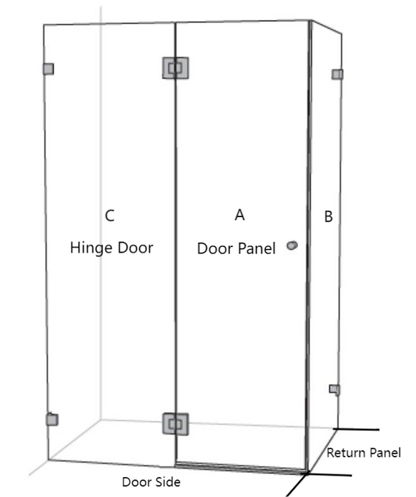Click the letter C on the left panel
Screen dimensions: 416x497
click(x=109, y=216)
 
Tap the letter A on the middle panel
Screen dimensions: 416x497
click(x=240, y=214)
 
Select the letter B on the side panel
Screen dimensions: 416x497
click(x=329, y=217)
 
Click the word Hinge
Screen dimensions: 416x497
click(x=92, y=248)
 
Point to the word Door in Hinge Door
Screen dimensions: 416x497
click(x=136, y=248)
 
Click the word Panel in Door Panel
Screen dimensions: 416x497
click(x=256, y=248)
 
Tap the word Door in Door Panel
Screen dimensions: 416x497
click(x=215, y=248)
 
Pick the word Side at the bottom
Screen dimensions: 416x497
click(x=168, y=482)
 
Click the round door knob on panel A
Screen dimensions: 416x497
click(x=292, y=246)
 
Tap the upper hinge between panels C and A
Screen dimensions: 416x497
click(x=175, y=68)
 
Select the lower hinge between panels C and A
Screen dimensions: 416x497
click(x=175, y=424)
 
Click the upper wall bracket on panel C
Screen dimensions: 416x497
click(x=48, y=69)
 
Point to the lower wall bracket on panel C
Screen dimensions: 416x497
click(x=52, y=420)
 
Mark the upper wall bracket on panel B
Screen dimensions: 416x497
click(x=337, y=75)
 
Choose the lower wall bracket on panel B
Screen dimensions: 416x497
click(x=334, y=390)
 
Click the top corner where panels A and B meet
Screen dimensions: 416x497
click(x=310, y=21)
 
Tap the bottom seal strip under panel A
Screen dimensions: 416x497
click(x=241, y=467)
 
